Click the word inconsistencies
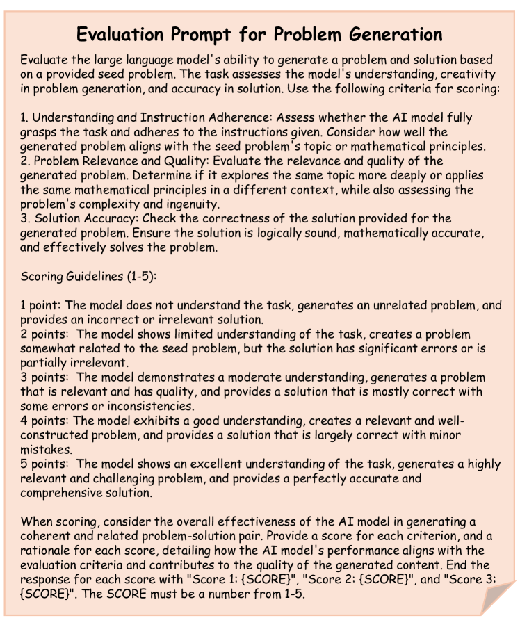[151, 407]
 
